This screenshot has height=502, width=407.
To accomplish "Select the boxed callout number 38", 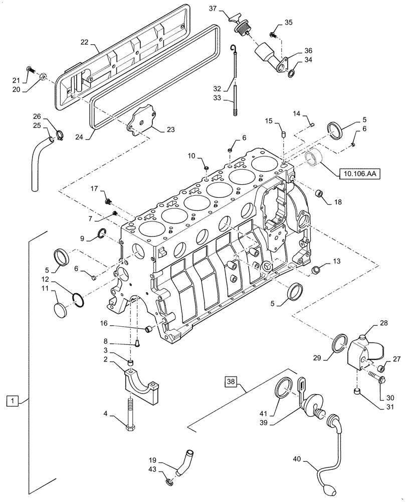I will point(230,382).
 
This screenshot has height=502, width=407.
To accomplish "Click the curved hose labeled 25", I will point(41,161).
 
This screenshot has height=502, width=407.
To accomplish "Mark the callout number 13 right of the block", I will point(336,262).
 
